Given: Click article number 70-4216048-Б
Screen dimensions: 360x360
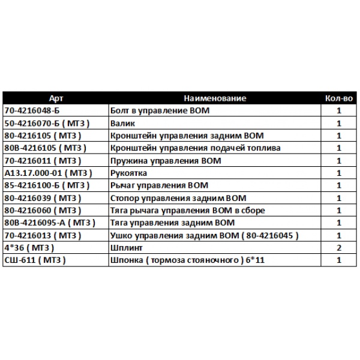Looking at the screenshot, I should click(x=32, y=111).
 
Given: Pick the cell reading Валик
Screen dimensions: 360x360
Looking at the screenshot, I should click(x=124, y=124).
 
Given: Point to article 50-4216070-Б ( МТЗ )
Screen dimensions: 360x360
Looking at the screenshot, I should click(x=47, y=124).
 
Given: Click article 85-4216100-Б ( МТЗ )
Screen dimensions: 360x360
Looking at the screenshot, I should click(x=47, y=185).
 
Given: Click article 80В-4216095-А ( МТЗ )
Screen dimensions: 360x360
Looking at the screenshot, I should click(x=49, y=223).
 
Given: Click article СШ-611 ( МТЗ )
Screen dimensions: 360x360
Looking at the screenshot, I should click(x=34, y=260).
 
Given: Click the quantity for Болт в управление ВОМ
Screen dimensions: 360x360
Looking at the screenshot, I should click(x=339, y=111).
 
